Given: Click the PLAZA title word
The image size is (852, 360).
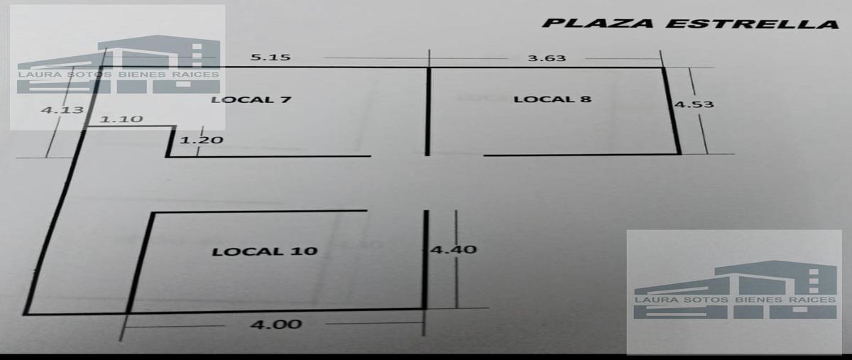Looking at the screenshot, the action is point(598,23).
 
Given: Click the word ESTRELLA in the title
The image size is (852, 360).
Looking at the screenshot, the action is point(753,23).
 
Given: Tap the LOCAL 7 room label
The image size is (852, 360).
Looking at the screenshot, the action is point(251,99).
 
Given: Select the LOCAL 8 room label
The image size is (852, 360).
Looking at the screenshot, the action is point(552,99).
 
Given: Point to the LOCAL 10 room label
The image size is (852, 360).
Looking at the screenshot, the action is point(265,251).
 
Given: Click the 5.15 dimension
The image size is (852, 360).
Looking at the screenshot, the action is point(271,58).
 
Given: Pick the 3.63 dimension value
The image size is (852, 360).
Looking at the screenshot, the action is point(547,58).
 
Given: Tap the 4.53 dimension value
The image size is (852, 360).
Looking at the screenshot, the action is point(694,104).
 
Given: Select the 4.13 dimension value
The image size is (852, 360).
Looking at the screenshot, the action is point(62,110).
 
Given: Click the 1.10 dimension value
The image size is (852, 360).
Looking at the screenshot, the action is point(121,119).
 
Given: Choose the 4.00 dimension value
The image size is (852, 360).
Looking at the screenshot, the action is point(276,324).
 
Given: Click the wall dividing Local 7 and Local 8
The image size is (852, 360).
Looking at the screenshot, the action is point(428,111).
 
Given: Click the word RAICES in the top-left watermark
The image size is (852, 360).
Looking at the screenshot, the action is point(195,75).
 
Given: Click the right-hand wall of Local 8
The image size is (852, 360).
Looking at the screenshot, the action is point(672,111).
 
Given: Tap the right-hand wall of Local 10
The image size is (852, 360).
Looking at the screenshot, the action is point(425,259).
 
